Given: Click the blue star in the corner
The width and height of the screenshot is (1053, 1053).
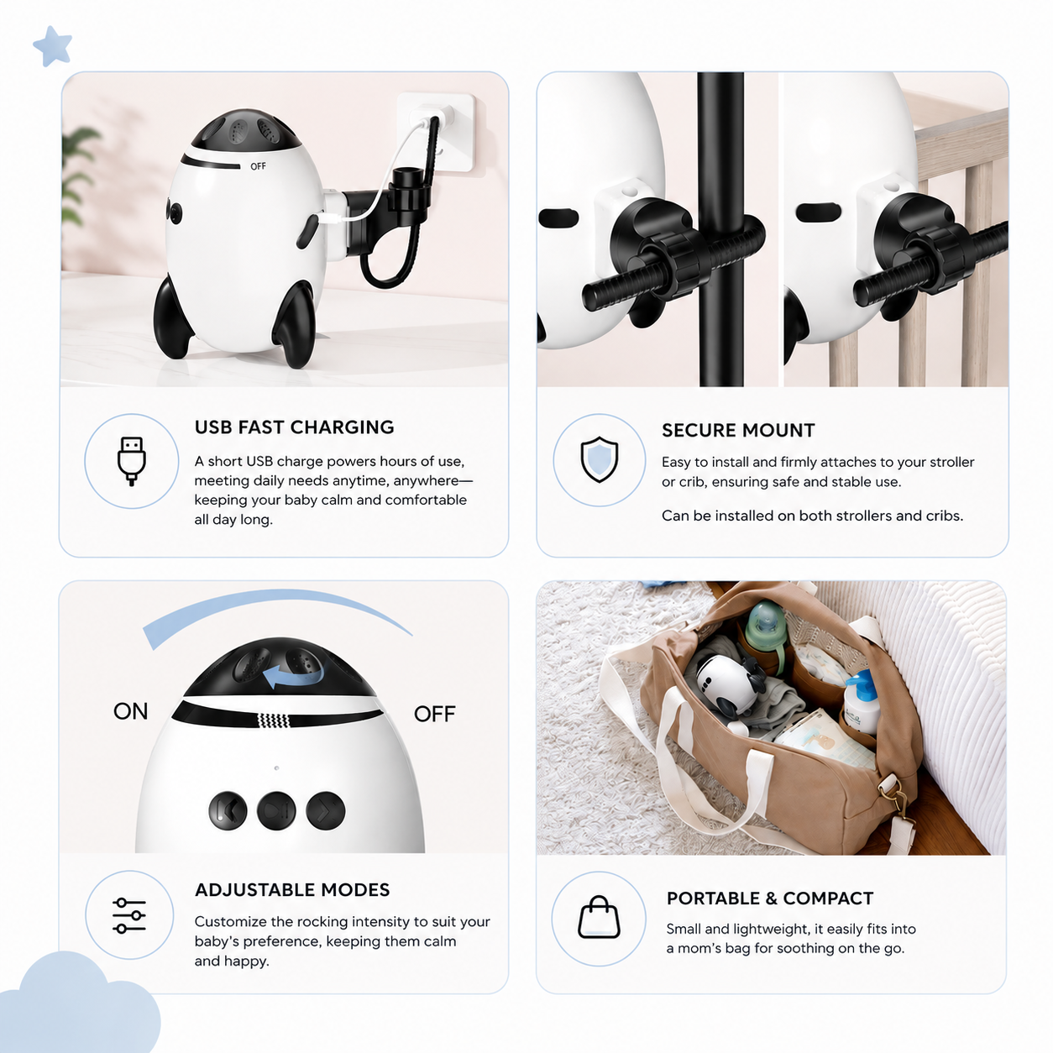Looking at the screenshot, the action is [x=52, y=46].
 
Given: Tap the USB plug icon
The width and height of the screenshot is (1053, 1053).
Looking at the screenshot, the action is [x=131, y=461].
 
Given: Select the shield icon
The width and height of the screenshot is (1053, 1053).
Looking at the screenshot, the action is [x=599, y=459].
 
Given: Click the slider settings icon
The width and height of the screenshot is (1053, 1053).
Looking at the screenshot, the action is [x=129, y=915].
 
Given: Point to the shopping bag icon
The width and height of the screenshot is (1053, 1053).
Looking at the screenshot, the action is [x=599, y=918].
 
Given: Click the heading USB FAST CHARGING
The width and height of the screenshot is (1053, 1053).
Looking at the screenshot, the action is [x=294, y=427].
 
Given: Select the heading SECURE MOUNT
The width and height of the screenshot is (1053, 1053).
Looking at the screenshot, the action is [x=738, y=431].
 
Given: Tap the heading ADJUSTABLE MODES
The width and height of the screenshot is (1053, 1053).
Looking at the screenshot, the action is [x=292, y=890].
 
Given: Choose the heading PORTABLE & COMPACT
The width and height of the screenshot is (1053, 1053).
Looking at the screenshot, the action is [x=770, y=898].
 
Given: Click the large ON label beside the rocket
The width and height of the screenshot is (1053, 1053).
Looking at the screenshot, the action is [x=131, y=711].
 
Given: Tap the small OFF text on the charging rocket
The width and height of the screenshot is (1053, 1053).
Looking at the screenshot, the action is [x=258, y=166].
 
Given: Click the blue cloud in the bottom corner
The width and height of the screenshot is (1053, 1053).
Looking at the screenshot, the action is [x=79, y=1003].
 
